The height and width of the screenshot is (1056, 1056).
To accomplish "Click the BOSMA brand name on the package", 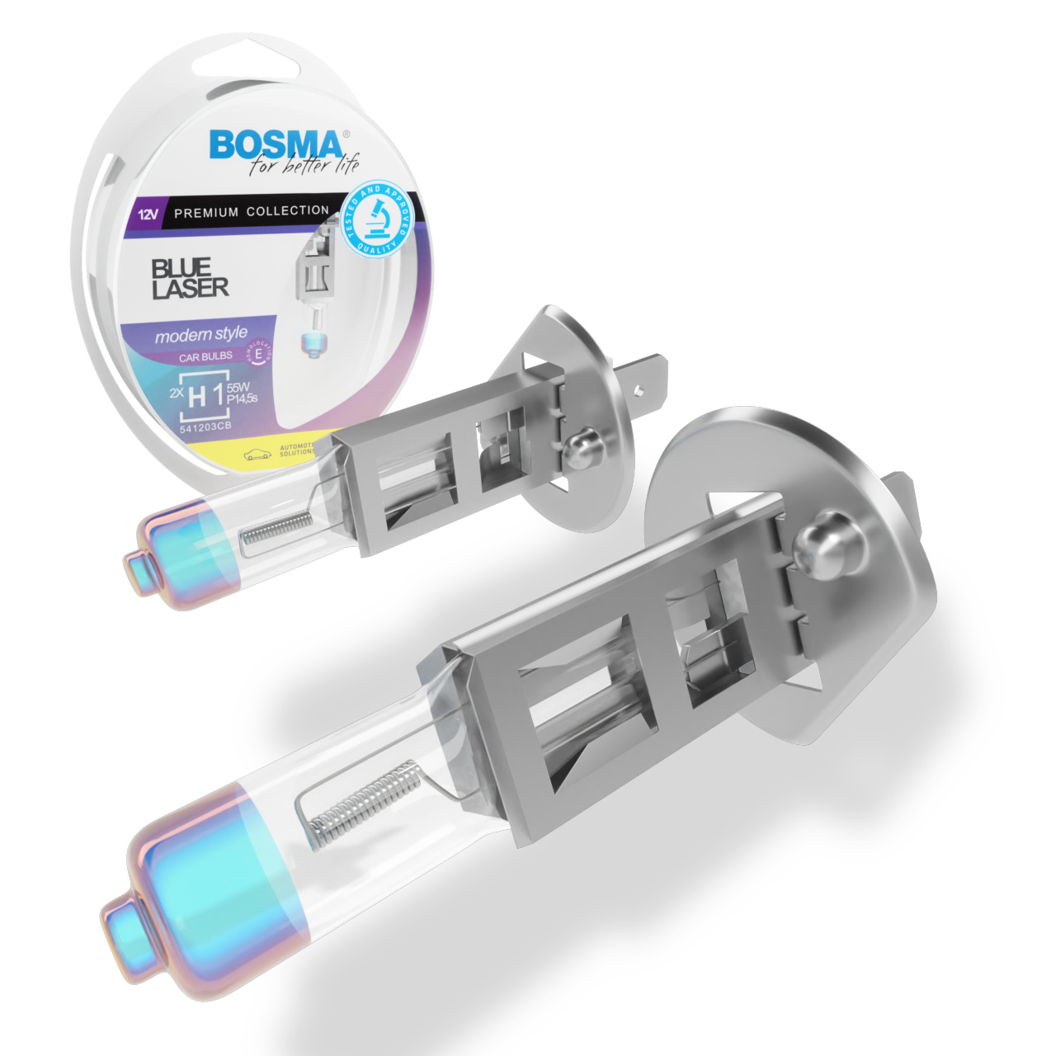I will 275,145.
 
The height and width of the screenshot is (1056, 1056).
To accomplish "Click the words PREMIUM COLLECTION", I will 252,211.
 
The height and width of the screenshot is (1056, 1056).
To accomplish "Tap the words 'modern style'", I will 200,335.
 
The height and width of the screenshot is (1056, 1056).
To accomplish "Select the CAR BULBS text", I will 205,357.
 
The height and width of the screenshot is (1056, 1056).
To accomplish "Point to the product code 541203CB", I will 205,427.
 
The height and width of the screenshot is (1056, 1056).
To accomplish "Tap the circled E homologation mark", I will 260,353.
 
